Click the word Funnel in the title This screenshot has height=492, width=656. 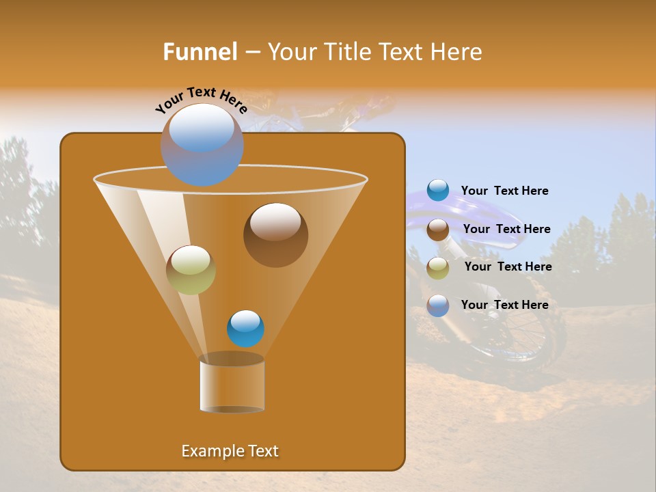click(x=200, y=52)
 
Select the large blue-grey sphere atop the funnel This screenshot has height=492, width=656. click(x=202, y=144)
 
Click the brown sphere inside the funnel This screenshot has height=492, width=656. click(x=275, y=234)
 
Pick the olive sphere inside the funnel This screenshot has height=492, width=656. click(x=191, y=270)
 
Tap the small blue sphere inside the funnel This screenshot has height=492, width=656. click(x=245, y=328)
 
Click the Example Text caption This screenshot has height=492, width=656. click(x=230, y=451)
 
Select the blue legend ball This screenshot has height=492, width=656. click(x=438, y=191)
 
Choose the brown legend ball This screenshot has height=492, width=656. click(x=438, y=230)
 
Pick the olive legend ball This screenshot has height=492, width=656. click(x=438, y=268)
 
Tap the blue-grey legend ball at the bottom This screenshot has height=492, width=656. click(x=438, y=305)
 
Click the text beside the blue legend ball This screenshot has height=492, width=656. click(x=504, y=191)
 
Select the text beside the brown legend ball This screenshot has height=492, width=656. click(x=506, y=229)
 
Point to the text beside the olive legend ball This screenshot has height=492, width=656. click(x=508, y=266)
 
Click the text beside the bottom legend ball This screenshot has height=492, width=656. click(x=504, y=305)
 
